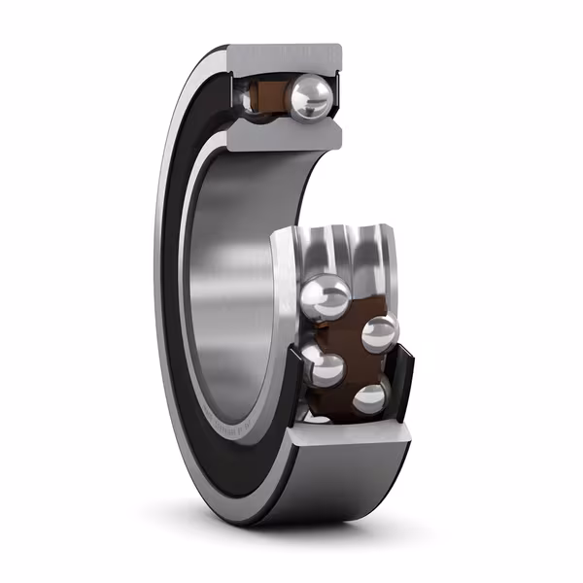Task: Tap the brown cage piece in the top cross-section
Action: pyautogui.click(x=267, y=95)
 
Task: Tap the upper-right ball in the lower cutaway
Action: pyautogui.click(x=379, y=334)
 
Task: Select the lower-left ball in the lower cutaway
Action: pyautogui.click(x=325, y=369)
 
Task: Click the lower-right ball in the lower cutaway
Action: pyautogui.click(x=371, y=398)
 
